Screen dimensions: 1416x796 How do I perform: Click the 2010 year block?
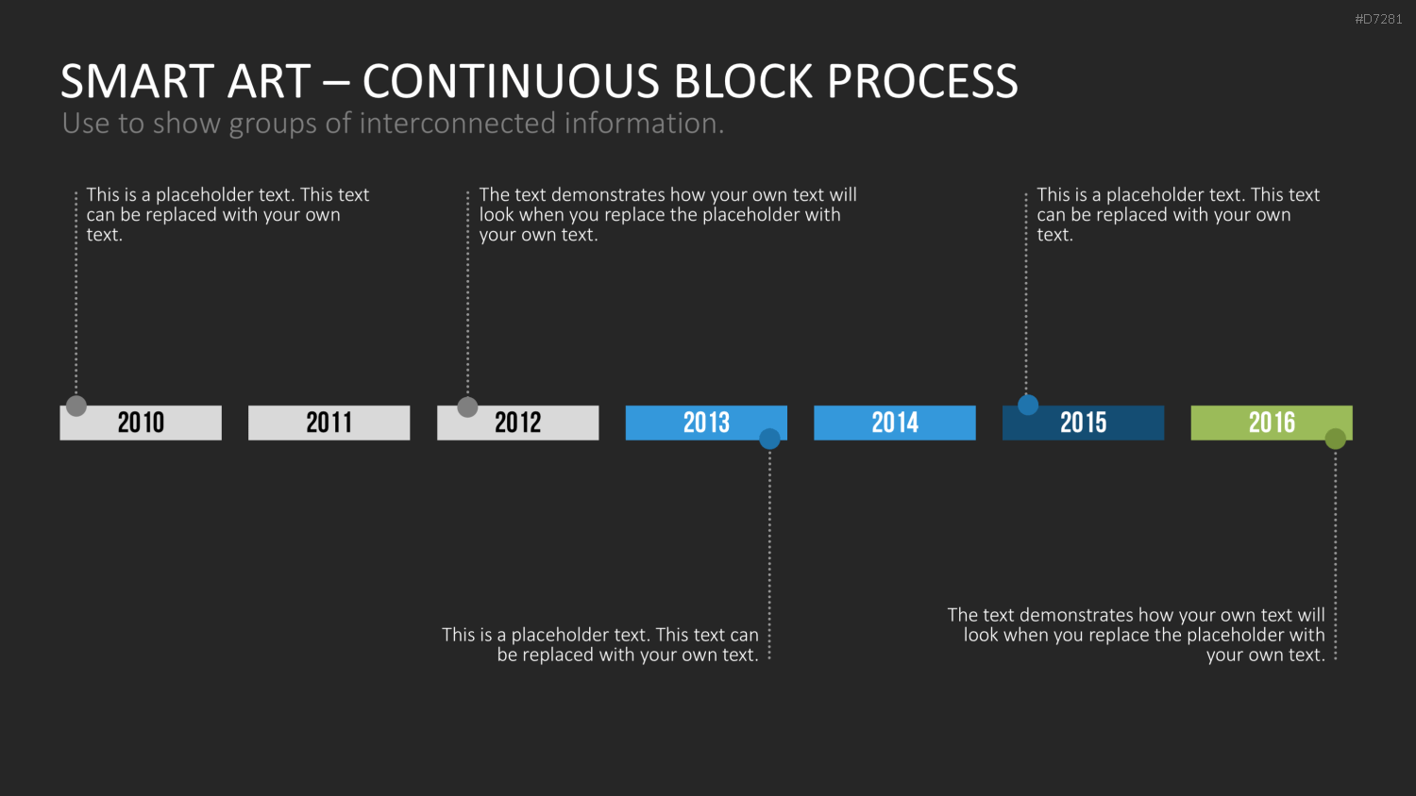tap(141, 423)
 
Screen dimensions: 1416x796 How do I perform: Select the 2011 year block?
tap(329, 423)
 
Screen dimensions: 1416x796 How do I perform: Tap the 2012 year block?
tap(517, 423)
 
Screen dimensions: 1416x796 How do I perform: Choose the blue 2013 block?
tap(706, 423)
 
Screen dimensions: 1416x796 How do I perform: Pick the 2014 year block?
tap(895, 423)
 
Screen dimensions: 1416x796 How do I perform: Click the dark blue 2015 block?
tap(1083, 423)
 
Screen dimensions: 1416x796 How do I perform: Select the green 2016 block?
tap(1272, 423)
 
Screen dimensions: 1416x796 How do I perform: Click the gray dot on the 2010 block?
tap(76, 406)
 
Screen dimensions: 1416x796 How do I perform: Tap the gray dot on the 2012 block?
tap(468, 406)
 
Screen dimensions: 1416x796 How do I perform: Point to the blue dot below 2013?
tap(769, 439)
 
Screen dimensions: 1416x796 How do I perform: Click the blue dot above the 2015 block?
tap(1028, 405)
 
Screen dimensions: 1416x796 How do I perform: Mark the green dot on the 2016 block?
tap(1335, 439)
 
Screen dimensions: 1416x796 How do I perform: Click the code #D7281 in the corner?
tap(1378, 20)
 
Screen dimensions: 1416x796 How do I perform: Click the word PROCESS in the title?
tap(922, 81)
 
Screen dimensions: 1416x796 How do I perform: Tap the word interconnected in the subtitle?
tap(456, 123)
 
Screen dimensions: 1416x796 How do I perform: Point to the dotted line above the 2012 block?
tap(468, 292)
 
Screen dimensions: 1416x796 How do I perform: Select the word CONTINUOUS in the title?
tap(511, 81)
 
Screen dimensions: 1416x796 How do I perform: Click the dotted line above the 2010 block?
tap(76, 292)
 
